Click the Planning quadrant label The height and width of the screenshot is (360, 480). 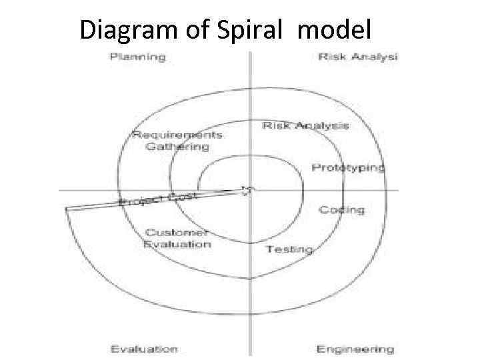point(138,56)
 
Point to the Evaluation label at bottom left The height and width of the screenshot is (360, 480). point(144,349)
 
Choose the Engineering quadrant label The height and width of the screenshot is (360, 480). point(355,349)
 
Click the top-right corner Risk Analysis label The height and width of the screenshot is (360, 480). point(358,56)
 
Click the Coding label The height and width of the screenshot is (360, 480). point(341,210)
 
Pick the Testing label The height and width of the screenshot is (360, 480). point(289,249)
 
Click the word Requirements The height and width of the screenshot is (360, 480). point(177,135)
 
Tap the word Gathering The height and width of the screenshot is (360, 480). point(177,147)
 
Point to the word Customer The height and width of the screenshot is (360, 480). point(177,233)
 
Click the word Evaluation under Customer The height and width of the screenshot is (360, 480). point(177,244)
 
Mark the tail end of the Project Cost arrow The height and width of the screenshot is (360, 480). point(67,209)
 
